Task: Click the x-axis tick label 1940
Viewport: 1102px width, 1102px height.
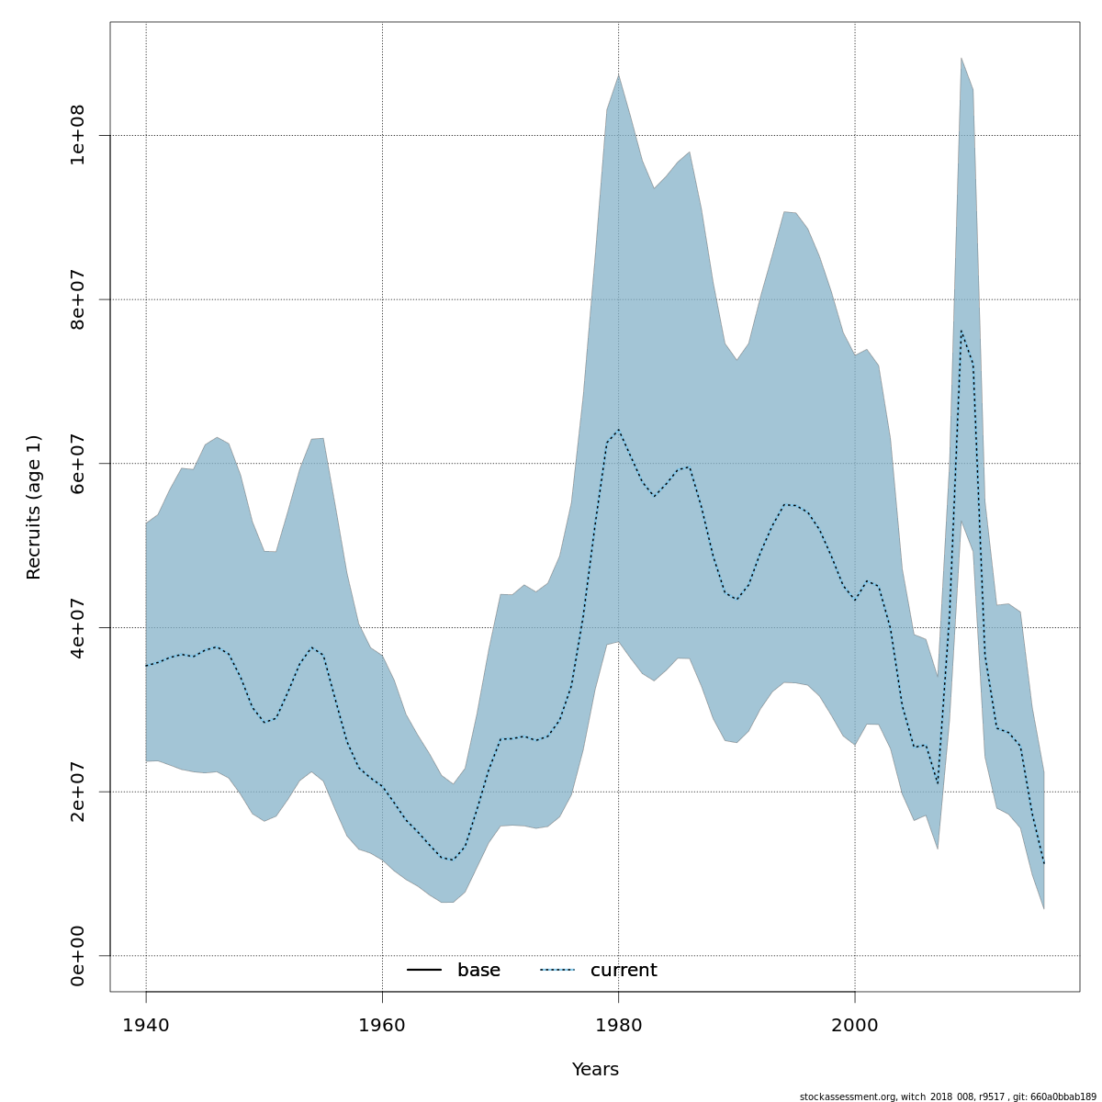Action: click(146, 1025)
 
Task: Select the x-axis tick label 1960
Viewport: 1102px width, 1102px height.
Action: click(382, 1025)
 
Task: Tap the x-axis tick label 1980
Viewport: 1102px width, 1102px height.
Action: click(618, 1025)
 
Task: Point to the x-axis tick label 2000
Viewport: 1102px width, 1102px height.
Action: click(855, 1025)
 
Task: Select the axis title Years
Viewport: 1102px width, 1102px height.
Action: click(595, 1070)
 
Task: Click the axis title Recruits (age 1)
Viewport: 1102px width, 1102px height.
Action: click(34, 507)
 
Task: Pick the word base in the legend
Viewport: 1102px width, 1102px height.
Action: click(478, 971)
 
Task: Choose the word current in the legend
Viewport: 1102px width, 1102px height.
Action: click(624, 971)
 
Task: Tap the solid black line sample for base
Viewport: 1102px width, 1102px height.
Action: click(424, 971)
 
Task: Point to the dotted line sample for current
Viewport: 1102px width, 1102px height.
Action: click(557, 971)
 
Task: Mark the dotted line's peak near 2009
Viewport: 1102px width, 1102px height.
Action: click(961, 331)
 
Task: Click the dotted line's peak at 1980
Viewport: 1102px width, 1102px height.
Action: click(618, 430)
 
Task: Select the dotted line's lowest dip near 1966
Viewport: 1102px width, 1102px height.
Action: click(452, 860)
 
